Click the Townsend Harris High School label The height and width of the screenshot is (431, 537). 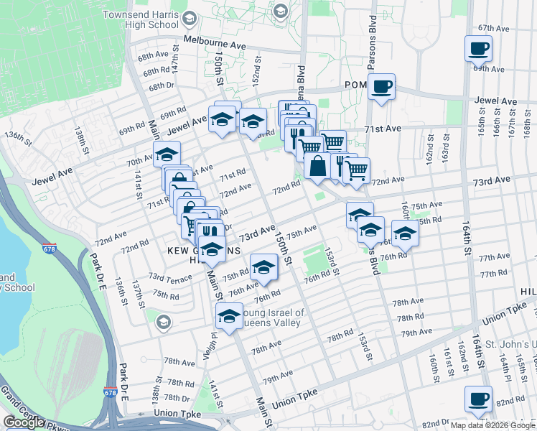140,19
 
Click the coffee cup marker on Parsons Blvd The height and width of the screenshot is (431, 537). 381,87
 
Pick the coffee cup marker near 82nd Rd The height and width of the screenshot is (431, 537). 479,399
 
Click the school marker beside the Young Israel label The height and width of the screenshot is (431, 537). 230,316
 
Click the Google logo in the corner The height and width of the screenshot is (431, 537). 24,422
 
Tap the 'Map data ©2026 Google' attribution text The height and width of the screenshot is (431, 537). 492,425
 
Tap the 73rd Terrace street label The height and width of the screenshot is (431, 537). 170,277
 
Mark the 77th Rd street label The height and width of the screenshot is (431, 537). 494,274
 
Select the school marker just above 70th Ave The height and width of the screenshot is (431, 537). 167,154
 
